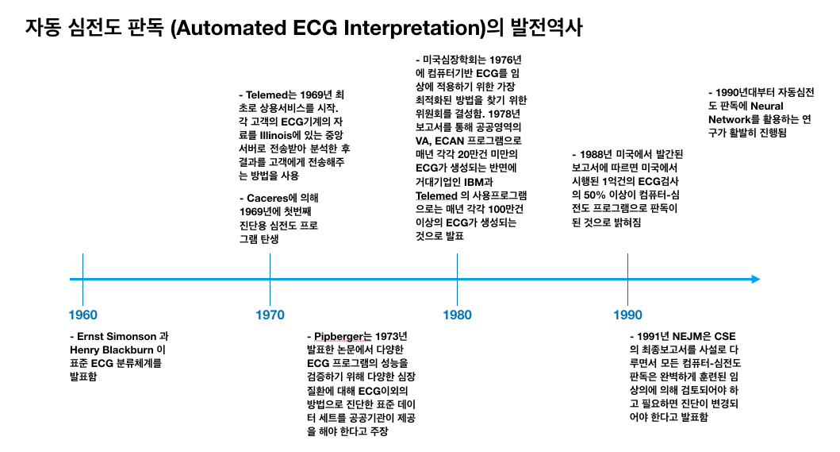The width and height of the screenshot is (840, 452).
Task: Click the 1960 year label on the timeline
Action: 83,315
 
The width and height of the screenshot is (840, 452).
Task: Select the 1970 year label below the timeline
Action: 270,315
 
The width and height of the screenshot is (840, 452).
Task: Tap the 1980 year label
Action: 457,315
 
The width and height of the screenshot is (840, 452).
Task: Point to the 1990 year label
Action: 627,315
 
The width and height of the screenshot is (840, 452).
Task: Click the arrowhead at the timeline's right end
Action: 754,279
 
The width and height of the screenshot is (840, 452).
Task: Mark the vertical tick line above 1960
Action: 83,266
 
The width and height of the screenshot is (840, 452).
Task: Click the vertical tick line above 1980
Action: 457,266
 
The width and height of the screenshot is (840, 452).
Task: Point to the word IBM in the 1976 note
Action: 497,181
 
